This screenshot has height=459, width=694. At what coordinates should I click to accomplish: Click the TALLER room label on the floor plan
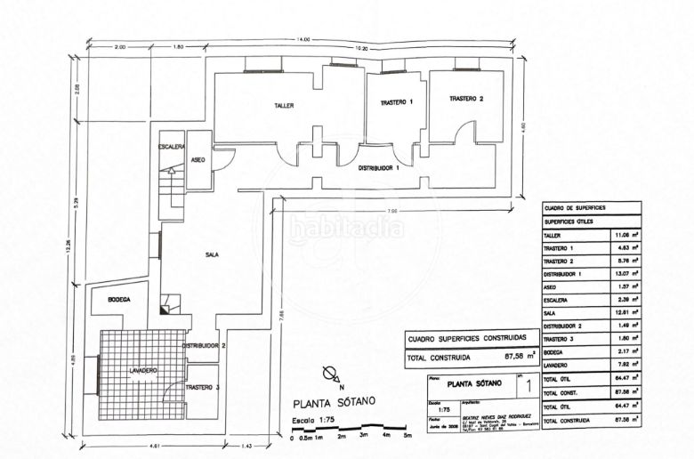click(284, 105)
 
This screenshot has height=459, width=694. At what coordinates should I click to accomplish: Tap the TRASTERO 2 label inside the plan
click(465, 99)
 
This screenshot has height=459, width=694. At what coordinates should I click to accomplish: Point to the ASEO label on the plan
click(198, 159)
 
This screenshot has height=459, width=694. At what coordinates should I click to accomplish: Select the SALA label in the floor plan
click(212, 255)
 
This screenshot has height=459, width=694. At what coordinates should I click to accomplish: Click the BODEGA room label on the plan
click(119, 300)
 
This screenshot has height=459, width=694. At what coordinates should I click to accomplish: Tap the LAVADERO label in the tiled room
click(142, 370)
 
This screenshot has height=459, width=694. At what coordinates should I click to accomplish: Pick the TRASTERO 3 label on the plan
click(203, 388)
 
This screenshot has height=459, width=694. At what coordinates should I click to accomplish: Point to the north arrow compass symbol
click(331, 374)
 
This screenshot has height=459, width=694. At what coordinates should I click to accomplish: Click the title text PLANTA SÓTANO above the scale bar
click(334, 401)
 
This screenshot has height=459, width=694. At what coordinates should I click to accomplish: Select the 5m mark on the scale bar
click(408, 437)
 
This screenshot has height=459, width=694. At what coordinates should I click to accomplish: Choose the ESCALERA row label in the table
click(558, 300)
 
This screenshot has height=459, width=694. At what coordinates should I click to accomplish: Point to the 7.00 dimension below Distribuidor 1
click(392, 211)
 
